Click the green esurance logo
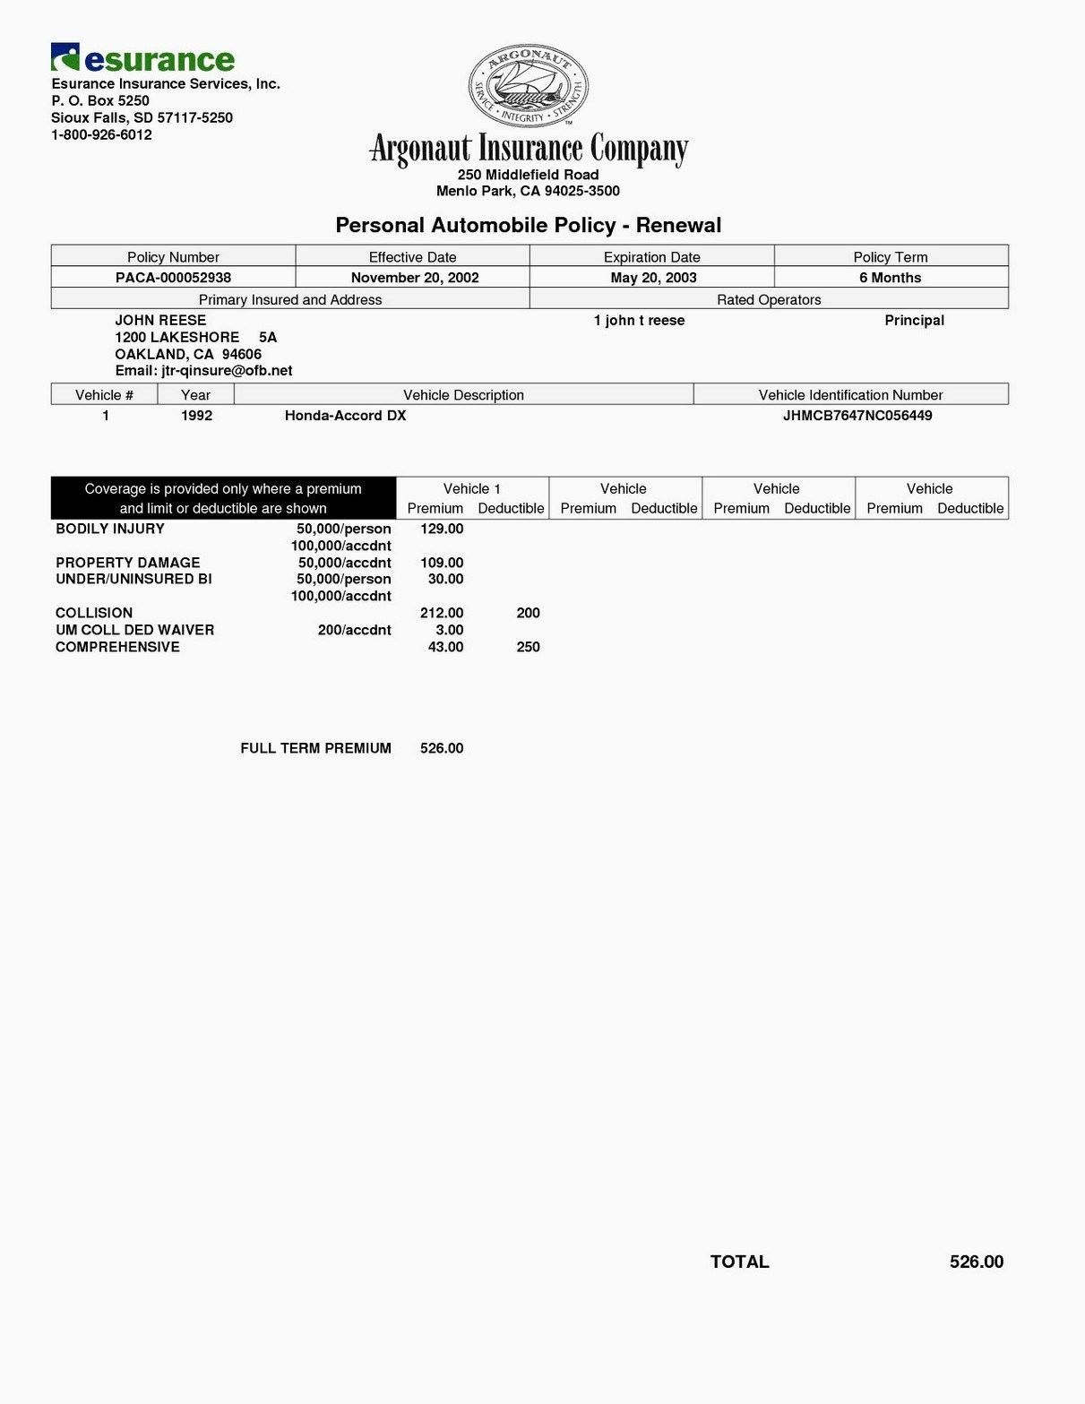click(143, 58)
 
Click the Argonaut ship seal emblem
click(528, 87)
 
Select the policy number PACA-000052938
click(173, 278)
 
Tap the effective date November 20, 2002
click(415, 278)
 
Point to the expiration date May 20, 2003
click(653, 278)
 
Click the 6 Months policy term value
click(890, 278)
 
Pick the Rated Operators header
click(769, 300)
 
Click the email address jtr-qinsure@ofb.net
click(203, 371)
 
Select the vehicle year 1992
click(196, 416)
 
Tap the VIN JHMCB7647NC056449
click(857, 416)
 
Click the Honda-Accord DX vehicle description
click(345, 416)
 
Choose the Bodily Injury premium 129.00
click(442, 529)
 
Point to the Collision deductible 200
click(528, 613)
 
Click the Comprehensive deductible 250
click(528, 647)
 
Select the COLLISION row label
click(94, 613)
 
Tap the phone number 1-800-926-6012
click(101, 135)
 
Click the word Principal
click(914, 321)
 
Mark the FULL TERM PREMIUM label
click(315, 748)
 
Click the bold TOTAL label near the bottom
click(739, 1262)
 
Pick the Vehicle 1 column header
click(472, 489)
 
